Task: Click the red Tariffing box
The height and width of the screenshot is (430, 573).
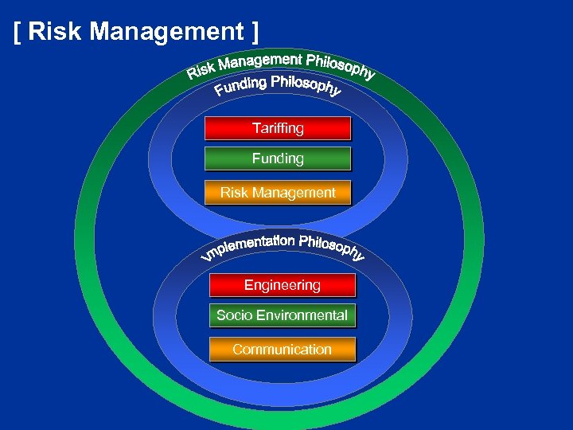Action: tap(278, 128)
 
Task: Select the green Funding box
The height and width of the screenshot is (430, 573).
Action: tap(278, 158)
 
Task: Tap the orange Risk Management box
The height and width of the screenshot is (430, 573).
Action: tap(278, 193)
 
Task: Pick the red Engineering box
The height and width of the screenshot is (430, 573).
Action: tap(283, 285)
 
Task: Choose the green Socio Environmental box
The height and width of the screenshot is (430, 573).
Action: tap(283, 315)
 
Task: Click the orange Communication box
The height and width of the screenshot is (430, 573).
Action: tap(283, 350)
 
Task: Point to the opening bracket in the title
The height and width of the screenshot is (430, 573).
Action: tap(18, 33)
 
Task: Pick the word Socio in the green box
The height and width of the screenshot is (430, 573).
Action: tap(232, 315)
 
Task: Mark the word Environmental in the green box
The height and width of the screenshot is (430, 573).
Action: tap(300, 315)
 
